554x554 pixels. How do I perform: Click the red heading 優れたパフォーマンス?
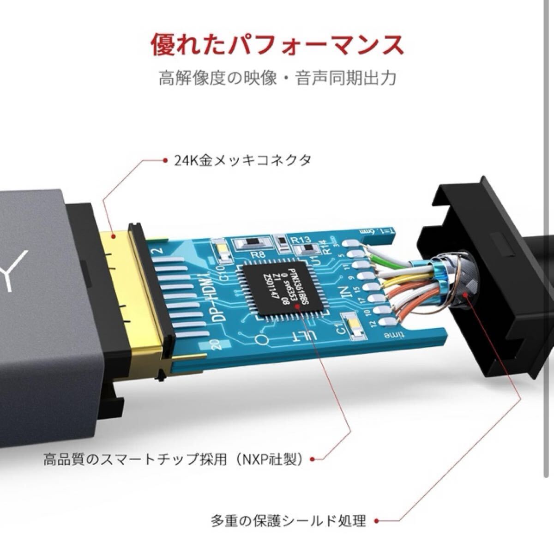tap(277, 45)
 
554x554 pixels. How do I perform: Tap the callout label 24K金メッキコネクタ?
tap(243, 161)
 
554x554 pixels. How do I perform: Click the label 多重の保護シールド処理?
tap(289, 522)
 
